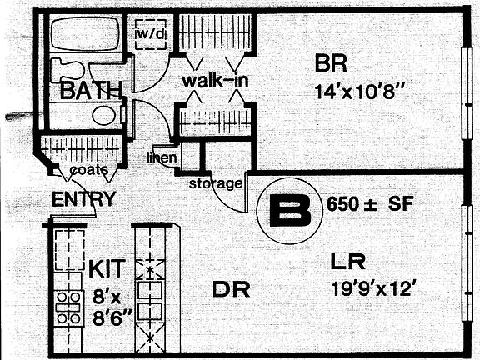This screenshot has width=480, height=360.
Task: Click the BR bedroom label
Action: point(331,63)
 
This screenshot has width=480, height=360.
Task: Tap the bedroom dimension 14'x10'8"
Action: point(356,92)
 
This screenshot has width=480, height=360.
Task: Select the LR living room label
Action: point(348,262)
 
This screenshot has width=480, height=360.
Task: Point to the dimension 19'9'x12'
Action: point(373,288)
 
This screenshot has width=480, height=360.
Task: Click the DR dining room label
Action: point(231,289)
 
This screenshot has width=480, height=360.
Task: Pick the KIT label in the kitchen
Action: point(107,268)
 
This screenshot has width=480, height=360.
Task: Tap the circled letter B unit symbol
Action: point(290,211)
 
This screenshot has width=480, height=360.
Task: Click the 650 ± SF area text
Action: point(370,203)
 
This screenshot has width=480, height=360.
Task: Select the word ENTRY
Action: point(83,198)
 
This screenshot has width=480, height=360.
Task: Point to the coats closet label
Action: point(89,170)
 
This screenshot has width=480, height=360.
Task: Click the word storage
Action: point(216,183)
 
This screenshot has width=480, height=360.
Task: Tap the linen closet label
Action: point(162,157)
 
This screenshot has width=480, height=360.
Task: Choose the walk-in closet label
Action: point(215,81)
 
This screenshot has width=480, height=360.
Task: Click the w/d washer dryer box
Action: point(151,34)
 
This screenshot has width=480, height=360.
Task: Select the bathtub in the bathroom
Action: point(85,33)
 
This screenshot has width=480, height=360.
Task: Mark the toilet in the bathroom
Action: point(67,70)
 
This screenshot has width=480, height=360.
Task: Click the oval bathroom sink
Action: point(104,115)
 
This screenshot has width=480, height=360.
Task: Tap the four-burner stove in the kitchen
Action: point(68,308)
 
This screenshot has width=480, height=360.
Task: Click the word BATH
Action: point(91,90)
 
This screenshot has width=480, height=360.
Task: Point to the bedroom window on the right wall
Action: point(467,93)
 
